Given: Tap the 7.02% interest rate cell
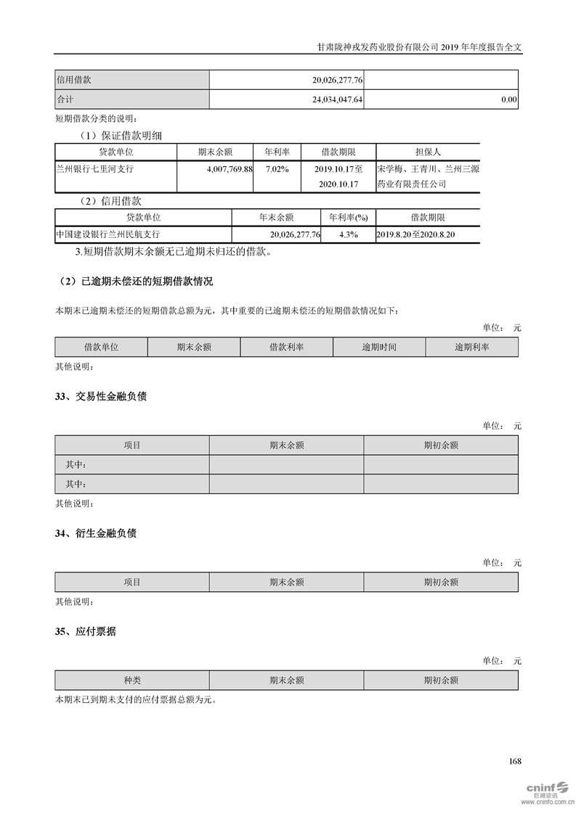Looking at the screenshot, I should [277, 169].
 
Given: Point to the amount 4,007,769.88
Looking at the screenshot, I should [224, 169].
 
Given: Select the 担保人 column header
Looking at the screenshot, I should [428, 152].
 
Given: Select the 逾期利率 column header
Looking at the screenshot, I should [472, 348].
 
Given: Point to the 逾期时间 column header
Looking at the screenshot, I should [379, 348].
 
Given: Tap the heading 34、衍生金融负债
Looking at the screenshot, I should [96, 533].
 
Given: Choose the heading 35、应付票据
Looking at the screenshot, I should [86, 632].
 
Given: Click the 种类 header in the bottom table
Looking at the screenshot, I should [132, 681].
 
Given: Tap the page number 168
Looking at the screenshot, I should [515, 761].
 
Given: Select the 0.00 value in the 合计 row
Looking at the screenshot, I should [508, 100].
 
